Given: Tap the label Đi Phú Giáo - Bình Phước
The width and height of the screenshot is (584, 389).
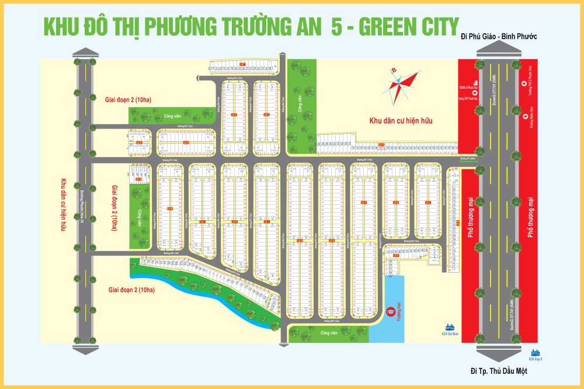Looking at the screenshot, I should point(498,37).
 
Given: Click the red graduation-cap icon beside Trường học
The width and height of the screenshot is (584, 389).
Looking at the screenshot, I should point(391,312).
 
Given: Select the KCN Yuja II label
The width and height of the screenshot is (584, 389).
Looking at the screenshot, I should point(535,359).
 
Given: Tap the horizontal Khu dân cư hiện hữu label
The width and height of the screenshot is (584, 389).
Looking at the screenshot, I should point(403,121).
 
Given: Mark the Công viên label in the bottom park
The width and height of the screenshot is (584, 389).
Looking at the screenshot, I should point(329,333).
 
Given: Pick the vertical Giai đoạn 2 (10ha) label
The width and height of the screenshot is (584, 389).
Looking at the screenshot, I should point(114,207).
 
